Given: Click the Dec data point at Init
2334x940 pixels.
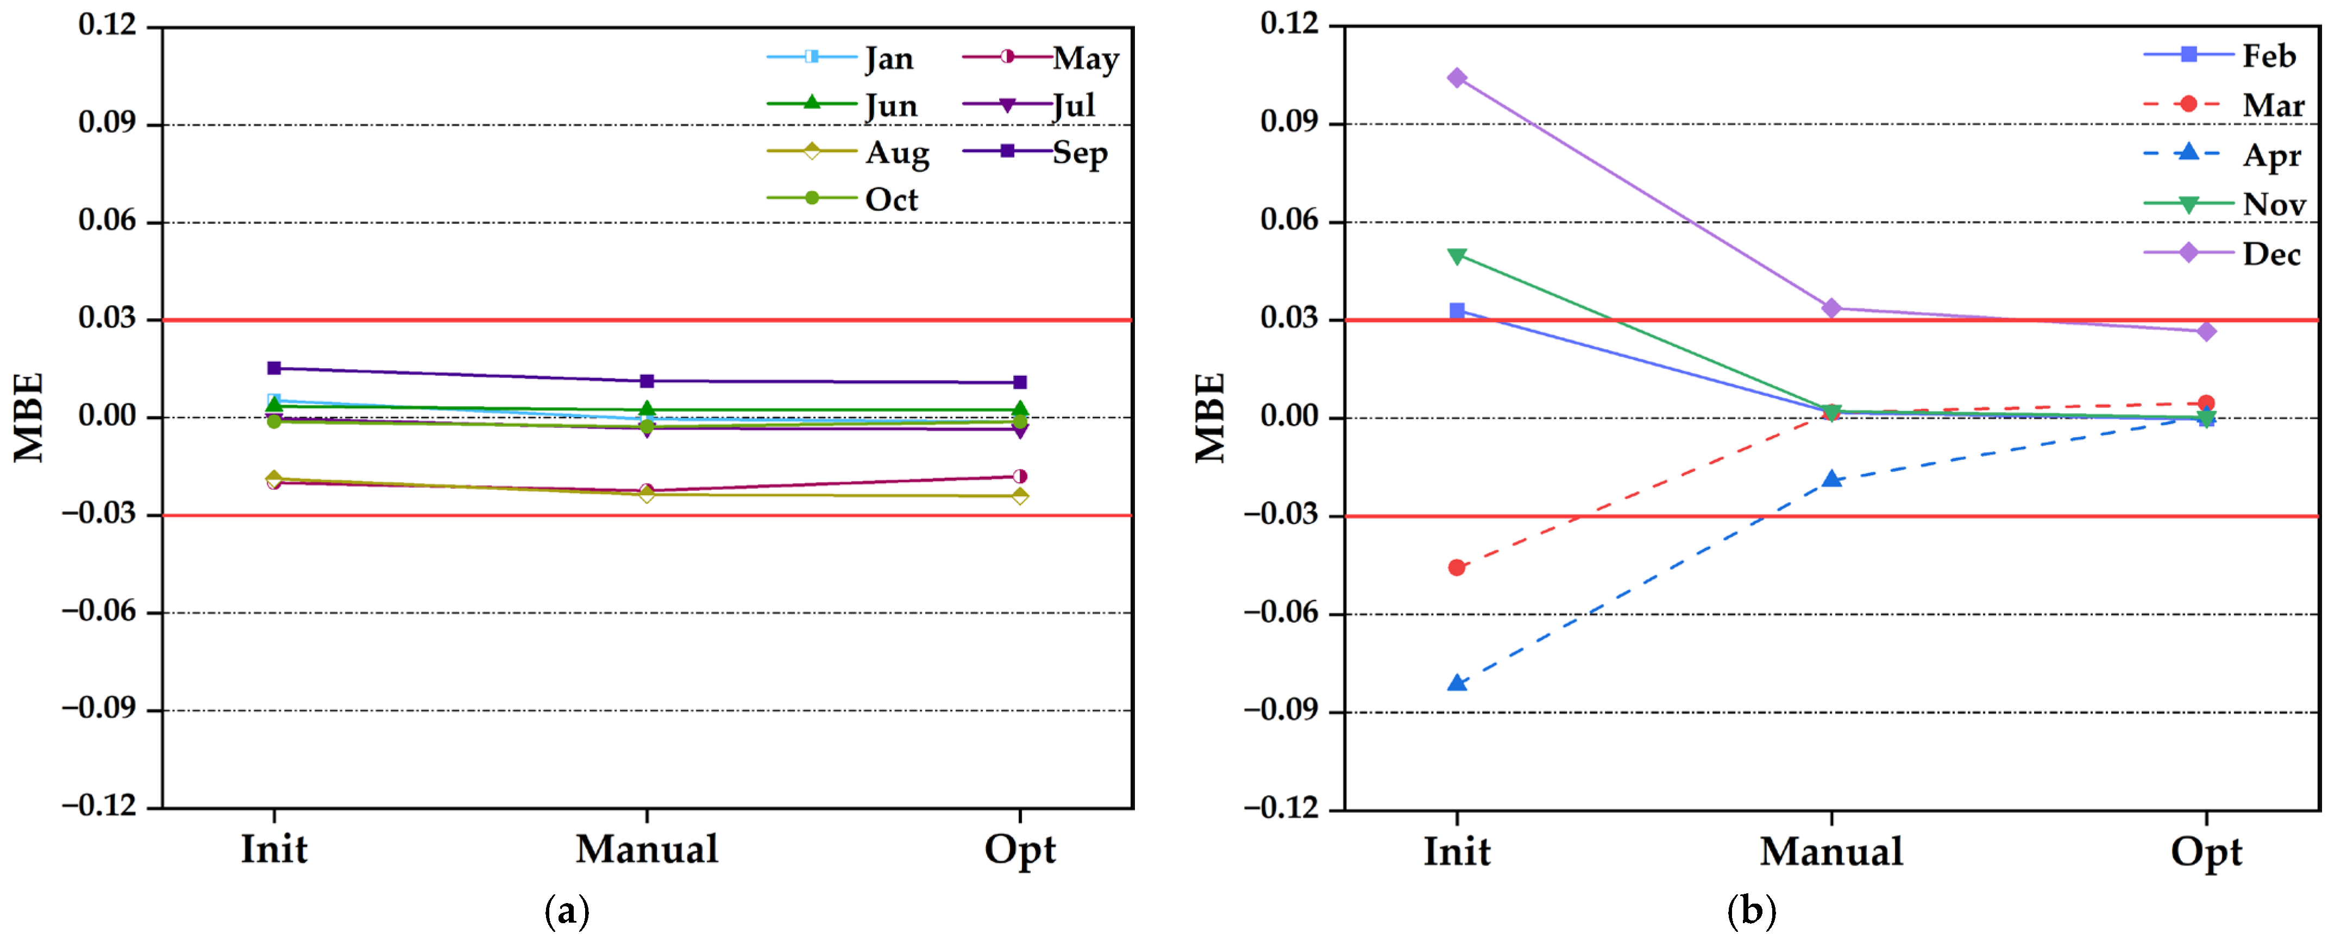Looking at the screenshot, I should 1456,78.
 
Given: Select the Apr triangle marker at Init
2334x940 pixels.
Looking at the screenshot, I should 1456,683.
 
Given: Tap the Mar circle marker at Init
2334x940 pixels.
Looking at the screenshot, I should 1456,568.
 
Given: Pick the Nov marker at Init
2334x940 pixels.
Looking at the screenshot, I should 1456,256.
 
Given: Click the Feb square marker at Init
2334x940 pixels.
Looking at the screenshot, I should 1456,311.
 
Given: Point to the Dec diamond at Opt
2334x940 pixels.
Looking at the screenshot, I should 2205,331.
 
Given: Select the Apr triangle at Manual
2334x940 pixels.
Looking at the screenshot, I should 1831,479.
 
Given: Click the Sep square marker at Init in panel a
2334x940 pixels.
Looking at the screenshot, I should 274,368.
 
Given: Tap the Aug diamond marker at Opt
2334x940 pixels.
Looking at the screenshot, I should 1019,495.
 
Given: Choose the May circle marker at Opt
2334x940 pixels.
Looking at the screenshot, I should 1019,476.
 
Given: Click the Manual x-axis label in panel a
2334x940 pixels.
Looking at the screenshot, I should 647,849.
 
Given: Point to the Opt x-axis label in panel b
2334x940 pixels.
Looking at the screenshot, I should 2205,851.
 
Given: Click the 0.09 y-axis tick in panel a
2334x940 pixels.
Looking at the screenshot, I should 107,123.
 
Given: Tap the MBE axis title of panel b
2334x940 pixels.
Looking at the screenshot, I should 1210,418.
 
